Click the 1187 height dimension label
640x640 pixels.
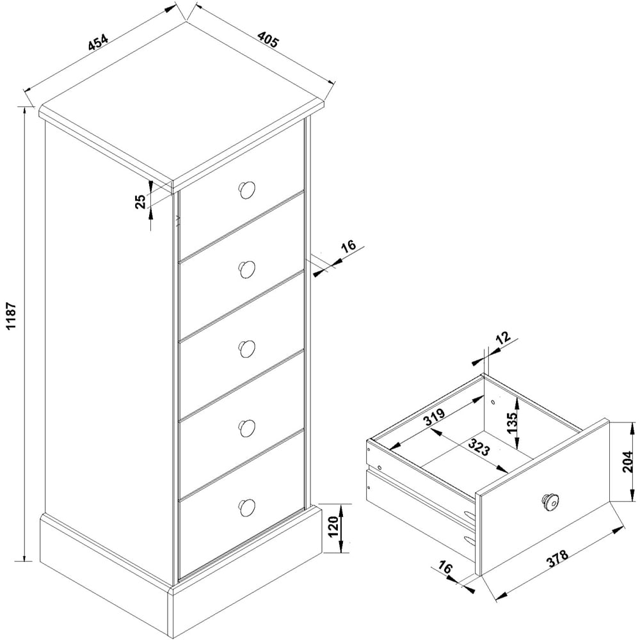click(12, 316)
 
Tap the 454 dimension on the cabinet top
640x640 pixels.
click(99, 42)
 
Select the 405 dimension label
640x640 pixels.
click(268, 40)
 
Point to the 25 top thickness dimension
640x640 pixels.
click(140, 202)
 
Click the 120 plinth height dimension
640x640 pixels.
click(333, 527)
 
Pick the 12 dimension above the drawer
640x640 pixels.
click(503, 337)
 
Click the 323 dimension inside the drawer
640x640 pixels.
click(479, 447)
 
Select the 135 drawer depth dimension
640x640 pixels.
click(512, 423)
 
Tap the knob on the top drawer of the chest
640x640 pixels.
click(246, 190)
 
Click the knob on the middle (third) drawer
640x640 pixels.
click(246, 349)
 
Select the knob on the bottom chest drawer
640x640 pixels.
click(246, 506)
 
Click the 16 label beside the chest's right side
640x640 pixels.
click(348, 247)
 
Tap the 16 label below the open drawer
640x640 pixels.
click(445, 567)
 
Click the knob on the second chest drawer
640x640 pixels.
click(246, 269)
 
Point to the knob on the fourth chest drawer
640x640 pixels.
click(246, 428)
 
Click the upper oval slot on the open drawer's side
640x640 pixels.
click(470, 515)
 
